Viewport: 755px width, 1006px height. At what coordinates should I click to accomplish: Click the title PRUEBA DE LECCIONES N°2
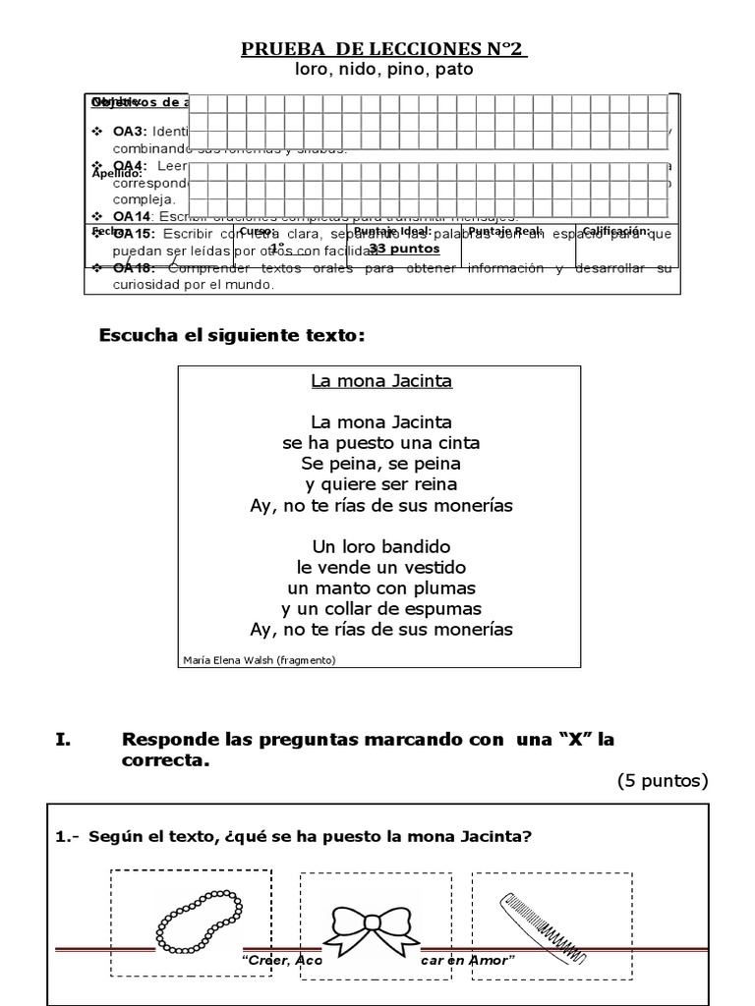[383, 49]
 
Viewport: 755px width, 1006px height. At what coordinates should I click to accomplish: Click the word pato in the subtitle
[452, 70]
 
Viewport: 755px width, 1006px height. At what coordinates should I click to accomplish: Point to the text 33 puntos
[404, 249]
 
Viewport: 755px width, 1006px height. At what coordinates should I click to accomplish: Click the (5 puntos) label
[662, 781]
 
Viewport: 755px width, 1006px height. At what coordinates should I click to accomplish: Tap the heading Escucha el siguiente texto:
[232, 336]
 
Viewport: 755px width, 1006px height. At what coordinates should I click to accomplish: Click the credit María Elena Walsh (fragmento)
[260, 659]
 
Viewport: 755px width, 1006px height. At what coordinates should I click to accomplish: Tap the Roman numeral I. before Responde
[64, 739]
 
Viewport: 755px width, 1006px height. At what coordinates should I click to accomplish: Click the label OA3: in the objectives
[129, 131]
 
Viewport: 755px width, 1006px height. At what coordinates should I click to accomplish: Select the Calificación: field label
[616, 231]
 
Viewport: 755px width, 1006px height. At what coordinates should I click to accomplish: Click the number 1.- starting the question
[69, 836]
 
